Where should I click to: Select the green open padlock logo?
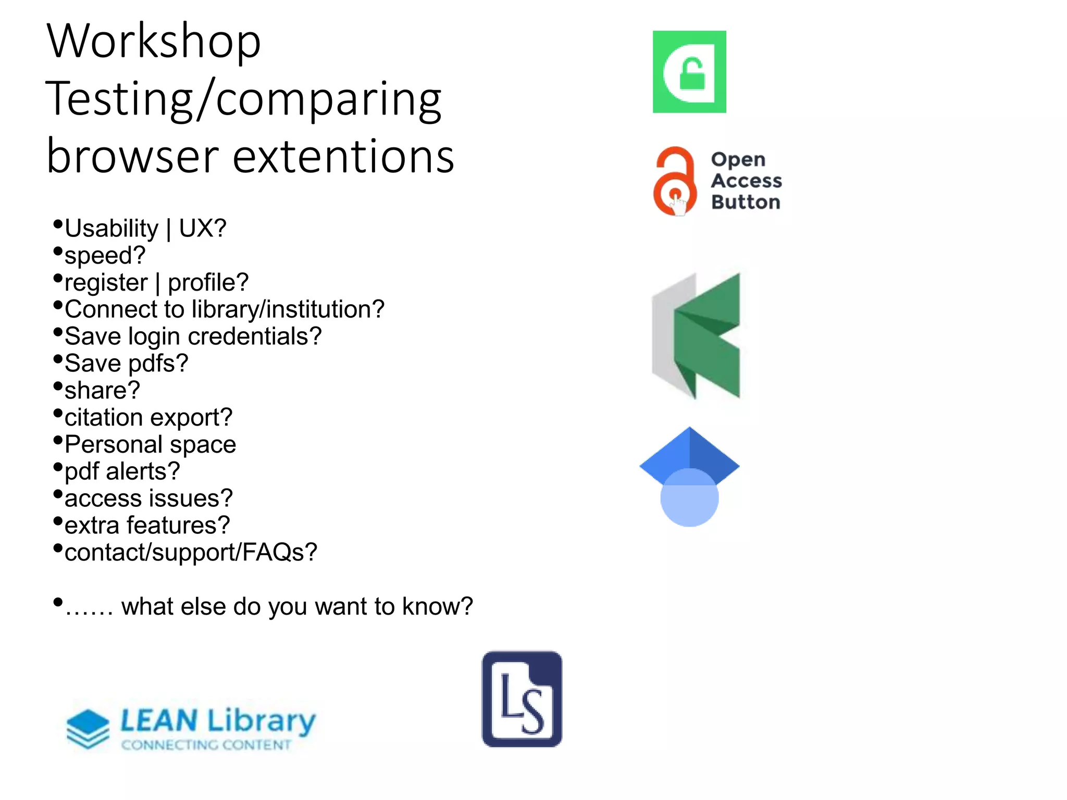pos(689,72)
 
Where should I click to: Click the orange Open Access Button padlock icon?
pos(675,181)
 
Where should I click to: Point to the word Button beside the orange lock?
pos(746,202)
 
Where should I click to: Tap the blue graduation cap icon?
pos(689,476)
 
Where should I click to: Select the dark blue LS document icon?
pos(522,698)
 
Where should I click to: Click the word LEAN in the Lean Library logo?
pos(159,721)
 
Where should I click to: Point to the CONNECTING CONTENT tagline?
pos(206,745)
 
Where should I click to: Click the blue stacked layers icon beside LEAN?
pos(88,728)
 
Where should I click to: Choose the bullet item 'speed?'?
pos(105,255)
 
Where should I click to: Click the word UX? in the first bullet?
pos(203,228)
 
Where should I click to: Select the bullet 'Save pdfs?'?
pos(126,363)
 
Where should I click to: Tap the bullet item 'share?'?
pos(102,390)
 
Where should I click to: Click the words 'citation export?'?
pos(148,417)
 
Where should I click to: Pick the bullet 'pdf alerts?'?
pos(122,471)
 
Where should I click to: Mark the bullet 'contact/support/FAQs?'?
pos(191,552)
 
